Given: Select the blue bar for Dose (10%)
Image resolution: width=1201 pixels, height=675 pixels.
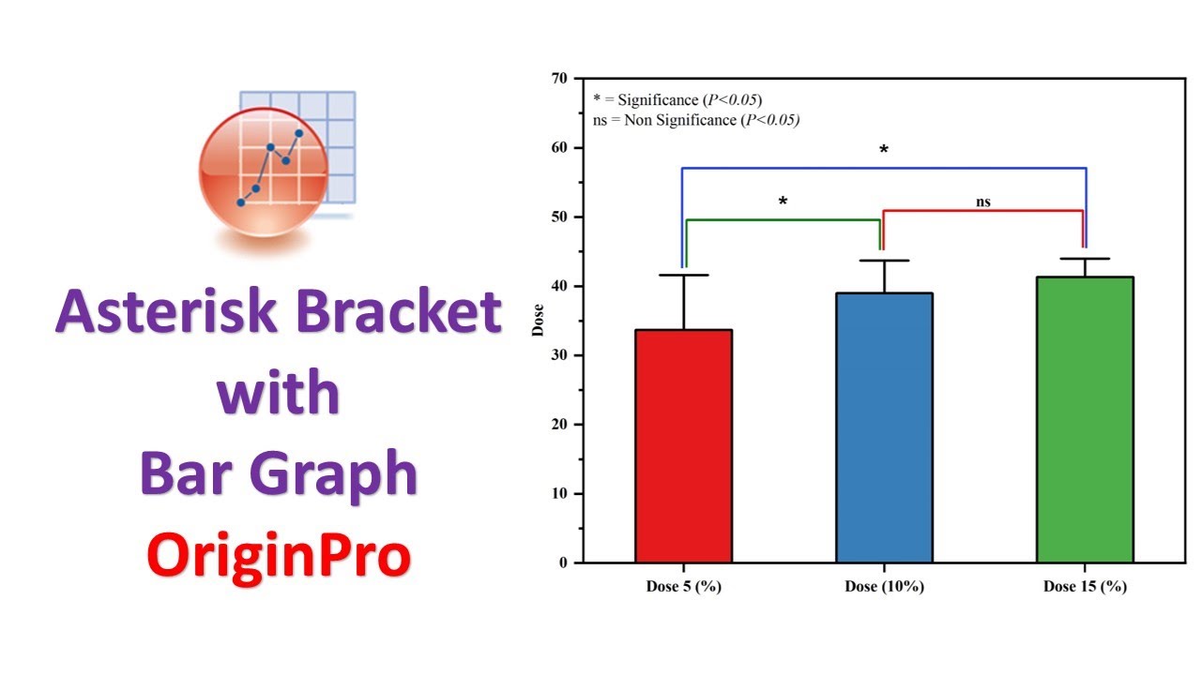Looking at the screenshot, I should click(x=884, y=427).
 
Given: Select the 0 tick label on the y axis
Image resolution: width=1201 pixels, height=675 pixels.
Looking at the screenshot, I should click(x=562, y=562).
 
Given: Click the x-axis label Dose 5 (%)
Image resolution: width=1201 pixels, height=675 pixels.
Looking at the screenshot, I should click(x=683, y=588).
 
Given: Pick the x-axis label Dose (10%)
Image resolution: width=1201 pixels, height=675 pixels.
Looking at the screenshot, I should click(x=884, y=588).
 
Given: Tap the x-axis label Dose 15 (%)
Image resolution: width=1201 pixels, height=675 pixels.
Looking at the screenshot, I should click(x=1085, y=588).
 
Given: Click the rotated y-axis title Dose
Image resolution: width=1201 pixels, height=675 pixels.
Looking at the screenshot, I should click(x=538, y=321).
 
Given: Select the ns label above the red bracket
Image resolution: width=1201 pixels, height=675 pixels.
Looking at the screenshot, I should click(x=982, y=202).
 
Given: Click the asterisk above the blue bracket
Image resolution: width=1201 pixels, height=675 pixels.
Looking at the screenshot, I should click(x=883, y=151).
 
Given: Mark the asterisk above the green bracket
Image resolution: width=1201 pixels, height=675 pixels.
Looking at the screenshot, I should click(x=783, y=202).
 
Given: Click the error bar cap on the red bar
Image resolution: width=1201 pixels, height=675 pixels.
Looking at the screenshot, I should click(x=683, y=275).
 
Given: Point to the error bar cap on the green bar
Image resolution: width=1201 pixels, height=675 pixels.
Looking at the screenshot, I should click(x=1085, y=259).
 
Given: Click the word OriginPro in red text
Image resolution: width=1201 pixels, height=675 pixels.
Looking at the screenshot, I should click(x=279, y=555).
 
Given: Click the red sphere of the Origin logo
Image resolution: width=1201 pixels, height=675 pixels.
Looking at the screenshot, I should click(x=264, y=173).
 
